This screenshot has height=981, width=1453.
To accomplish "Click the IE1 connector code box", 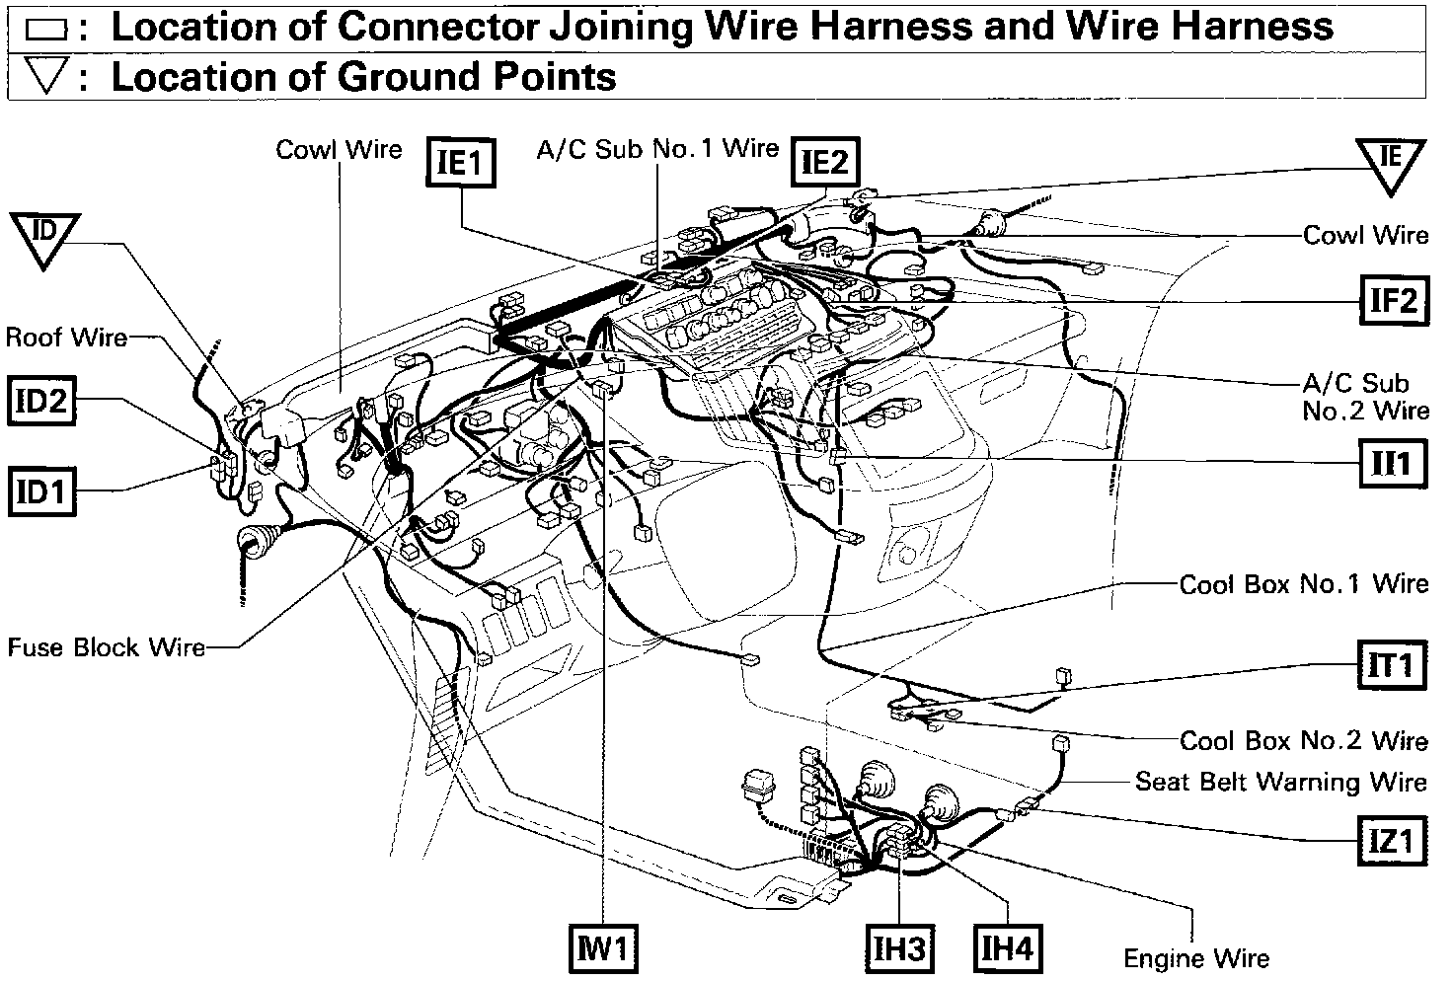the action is [462, 162].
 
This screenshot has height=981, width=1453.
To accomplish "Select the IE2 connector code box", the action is [824, 161].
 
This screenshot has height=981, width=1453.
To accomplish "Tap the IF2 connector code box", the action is [1392, 299].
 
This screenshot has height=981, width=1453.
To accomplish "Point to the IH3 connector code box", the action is [899, 949].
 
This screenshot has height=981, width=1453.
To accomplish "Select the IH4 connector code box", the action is [1008, 949].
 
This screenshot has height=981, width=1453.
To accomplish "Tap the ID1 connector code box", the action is [42, 490].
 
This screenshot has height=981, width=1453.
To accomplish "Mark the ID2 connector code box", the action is [42, 402].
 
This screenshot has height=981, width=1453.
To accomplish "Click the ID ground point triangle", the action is [45, 238].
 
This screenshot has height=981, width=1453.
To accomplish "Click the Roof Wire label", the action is [67, 338].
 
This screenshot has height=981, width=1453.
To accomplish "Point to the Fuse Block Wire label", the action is [107, 647].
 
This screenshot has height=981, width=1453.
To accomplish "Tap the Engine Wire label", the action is [1196, 958].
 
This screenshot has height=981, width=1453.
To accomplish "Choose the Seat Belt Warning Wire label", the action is [1281, 782].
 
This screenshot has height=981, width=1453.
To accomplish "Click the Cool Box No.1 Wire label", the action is [1304, 584].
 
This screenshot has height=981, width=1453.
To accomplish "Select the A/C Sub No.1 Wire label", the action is [657, 149].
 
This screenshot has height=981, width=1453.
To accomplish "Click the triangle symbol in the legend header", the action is [43, 77].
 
